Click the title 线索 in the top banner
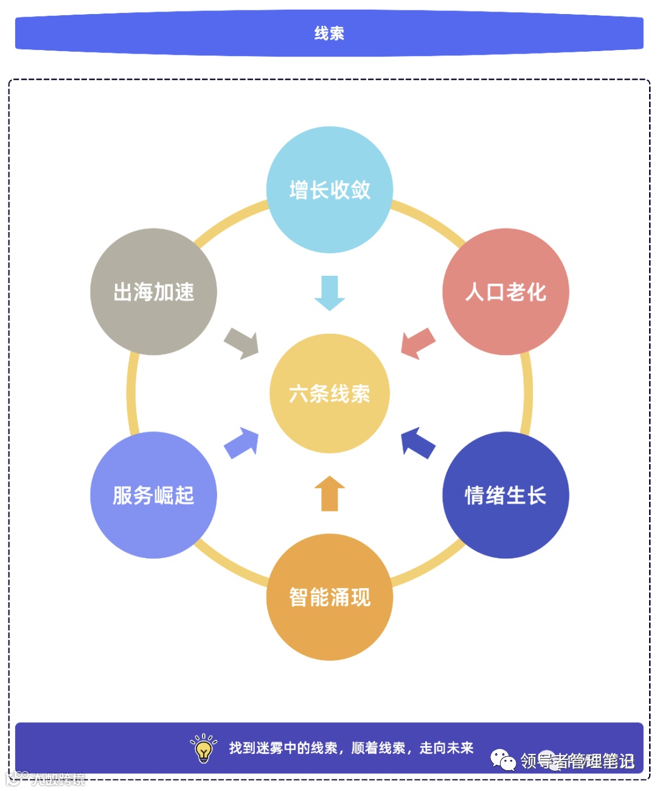pyautogui.click(x=329, y=33)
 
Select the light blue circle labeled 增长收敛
pyautogui.click(x=329, y=189)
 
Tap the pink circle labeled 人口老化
pyautogui.click(x=506, y=292)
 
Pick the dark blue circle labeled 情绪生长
pyautogui.click(x=506, y=495)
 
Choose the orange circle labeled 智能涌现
pyautogui.click(x=329, y=597)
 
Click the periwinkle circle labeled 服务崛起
pyautogui.click(x=153, y=495)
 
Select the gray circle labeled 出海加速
pyautogui.click(x=153, y=292)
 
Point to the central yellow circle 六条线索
pyautogui.click(x=329, y=393)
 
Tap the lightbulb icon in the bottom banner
pyautogui.click(x=204, y=748)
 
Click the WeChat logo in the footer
pyautogui.click(x=503, y=760)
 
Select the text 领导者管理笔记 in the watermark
pyautogui.click(x=577, y=761)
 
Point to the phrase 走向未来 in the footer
pyautogui.click(x=447, y=748)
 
